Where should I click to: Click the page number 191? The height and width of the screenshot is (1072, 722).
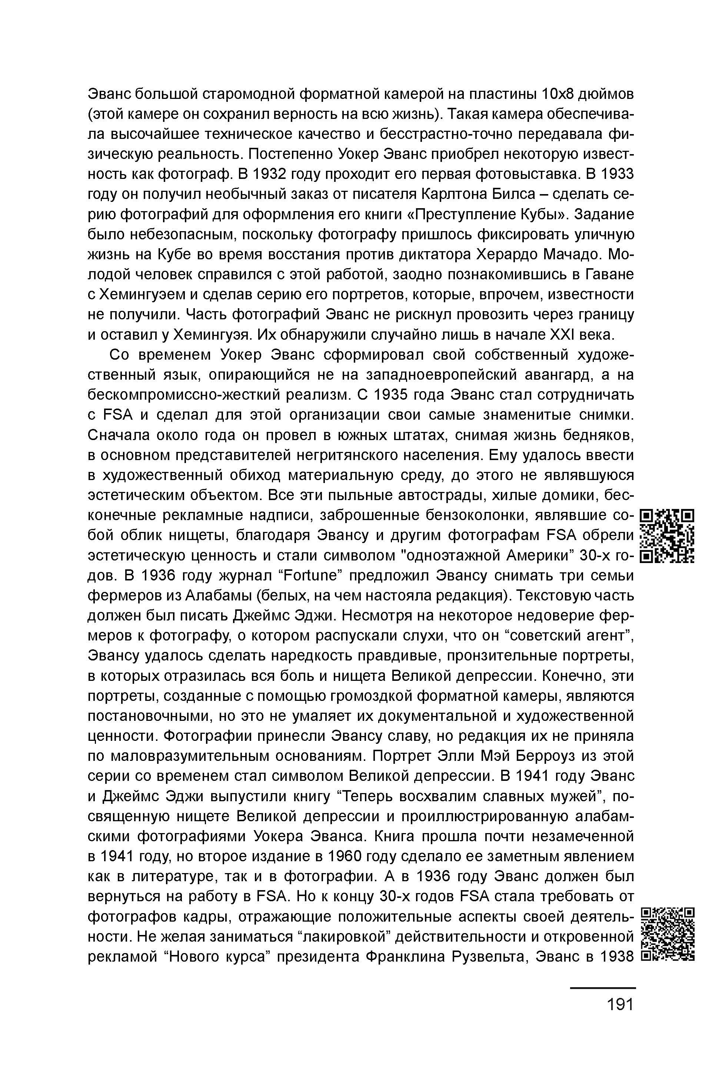coord(620,1005)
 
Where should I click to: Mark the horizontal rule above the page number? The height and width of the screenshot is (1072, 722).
coord(603,988)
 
